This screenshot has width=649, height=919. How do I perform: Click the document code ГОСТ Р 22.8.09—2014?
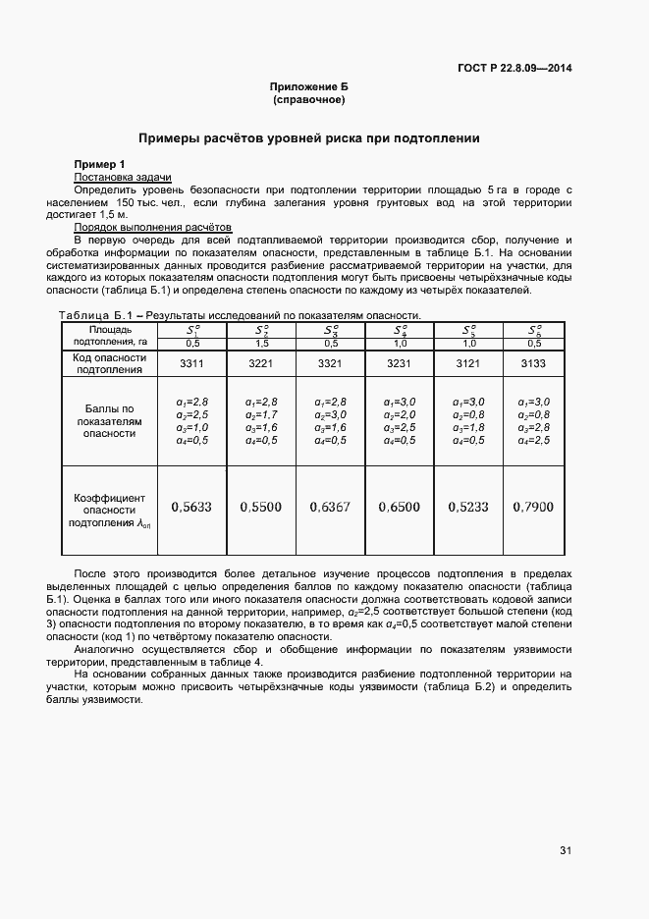point(514,68)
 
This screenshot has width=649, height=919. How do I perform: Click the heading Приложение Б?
point(309,87)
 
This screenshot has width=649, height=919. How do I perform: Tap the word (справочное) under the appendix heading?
point(309,100)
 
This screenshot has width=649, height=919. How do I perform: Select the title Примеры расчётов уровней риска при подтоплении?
point(308,138)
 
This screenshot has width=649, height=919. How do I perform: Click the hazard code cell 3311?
point(191,363)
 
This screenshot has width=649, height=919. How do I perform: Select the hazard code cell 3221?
point(261,363)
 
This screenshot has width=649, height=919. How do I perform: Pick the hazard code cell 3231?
point(400,363)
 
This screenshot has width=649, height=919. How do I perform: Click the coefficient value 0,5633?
point(191,508)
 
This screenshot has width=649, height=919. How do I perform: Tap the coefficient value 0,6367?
point(330,508)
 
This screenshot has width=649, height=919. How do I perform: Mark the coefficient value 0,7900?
point(533,508)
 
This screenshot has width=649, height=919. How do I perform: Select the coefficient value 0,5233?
point(467,508)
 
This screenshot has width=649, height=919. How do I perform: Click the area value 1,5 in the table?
point(261,343)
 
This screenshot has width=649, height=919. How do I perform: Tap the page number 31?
point(566,850)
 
